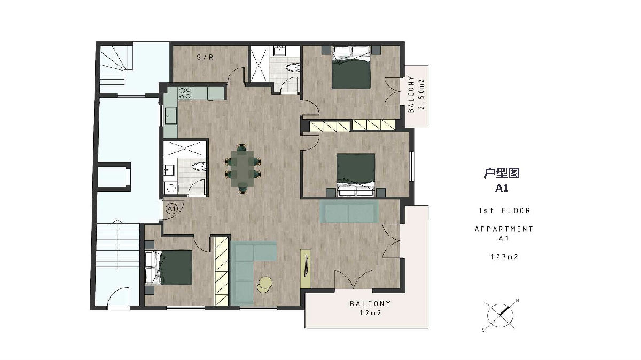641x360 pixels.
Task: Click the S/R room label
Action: point(205,57)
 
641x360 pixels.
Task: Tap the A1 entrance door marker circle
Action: point(172,209)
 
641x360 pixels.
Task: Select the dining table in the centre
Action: point(243,169)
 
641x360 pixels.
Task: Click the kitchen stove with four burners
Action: point(185,93)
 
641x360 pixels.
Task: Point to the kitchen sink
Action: point(170,115)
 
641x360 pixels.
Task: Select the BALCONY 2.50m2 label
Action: point(416,95)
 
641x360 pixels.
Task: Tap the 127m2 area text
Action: point(504,257)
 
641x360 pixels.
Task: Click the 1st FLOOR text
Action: point(504,210)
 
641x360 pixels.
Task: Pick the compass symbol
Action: point(500,316)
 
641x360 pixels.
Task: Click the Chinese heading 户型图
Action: point(502,173)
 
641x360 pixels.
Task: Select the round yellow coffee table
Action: point(265,284)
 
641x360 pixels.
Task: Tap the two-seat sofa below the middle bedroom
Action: point(349,211)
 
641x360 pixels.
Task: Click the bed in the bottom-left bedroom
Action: point(169,268)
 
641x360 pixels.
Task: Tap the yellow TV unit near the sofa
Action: point(306,269)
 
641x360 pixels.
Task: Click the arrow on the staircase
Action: point(118,245)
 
